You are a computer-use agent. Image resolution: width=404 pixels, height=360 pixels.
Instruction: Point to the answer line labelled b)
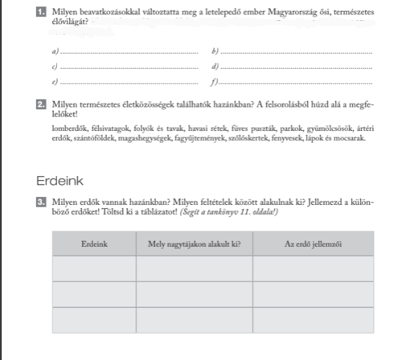tap(297, 52)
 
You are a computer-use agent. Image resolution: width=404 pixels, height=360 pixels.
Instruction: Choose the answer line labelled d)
tap(297, 67)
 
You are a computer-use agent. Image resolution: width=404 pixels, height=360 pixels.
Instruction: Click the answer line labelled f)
tap(297, 83)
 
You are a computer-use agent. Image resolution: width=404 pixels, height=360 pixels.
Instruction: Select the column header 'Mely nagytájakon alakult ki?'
tap(194, 243)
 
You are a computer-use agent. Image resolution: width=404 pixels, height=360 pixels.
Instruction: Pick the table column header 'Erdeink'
tap(94, 243)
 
